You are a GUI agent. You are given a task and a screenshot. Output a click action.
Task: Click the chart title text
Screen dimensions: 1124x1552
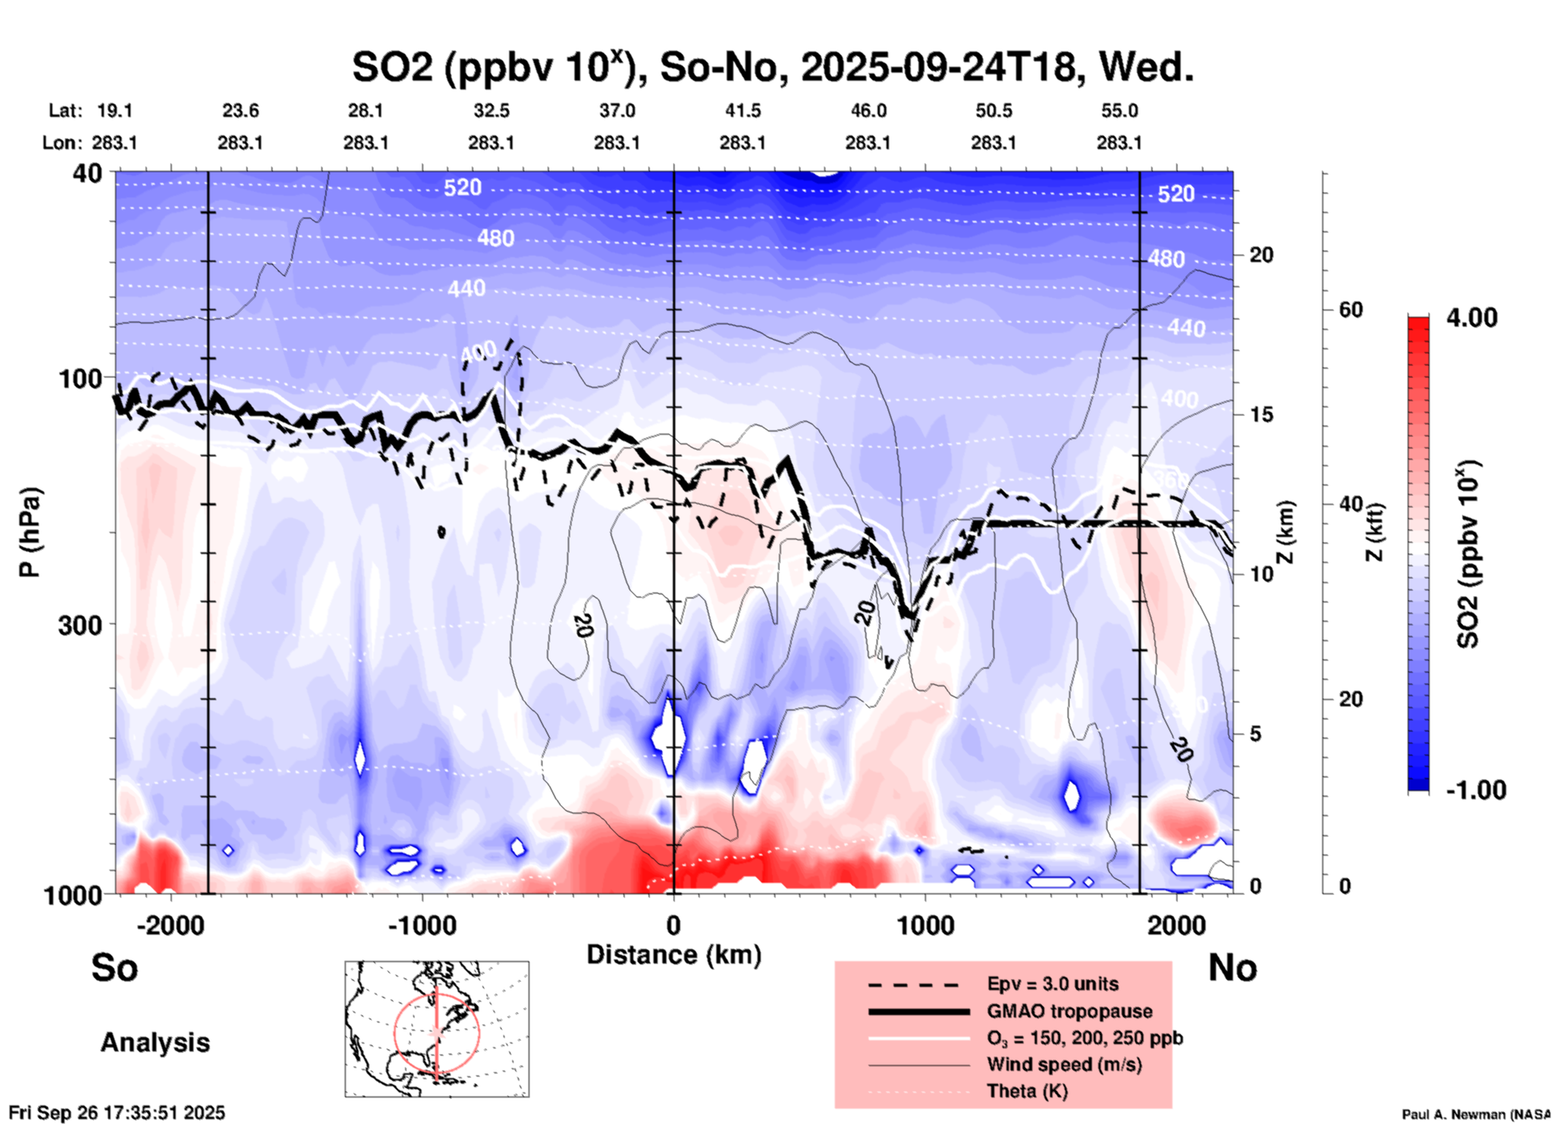[x=772, y=68]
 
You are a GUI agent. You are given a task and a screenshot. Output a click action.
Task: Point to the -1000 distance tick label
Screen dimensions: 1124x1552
[x=421, y=926]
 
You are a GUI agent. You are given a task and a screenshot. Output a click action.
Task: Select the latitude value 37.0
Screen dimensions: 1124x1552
[x=617, y=110]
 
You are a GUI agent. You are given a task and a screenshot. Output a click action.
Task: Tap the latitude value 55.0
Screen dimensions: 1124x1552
[x=1119, y=110]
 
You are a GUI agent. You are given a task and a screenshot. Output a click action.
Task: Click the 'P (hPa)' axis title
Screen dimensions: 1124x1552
[x=30, y=532]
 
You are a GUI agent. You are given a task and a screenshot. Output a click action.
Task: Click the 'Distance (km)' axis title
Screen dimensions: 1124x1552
[x=674, y=955]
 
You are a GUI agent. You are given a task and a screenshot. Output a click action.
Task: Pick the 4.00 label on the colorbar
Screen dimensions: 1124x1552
[x=1471, y=318]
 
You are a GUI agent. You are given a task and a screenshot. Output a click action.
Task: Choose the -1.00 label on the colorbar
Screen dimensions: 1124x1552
[x=1475, y=790]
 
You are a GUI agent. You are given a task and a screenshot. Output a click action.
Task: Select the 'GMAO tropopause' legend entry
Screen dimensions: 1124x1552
[x=1069, y=1011]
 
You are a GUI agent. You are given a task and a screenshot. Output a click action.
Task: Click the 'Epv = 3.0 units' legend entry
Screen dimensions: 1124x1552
[x=1052, y=985]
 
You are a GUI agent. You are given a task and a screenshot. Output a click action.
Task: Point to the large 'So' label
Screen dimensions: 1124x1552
[x=114, y=968]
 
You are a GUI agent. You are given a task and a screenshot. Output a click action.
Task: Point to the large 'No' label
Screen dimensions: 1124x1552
[x=1232, y=968]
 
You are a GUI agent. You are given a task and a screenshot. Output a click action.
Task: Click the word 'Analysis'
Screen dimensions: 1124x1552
[x=155, y=1043]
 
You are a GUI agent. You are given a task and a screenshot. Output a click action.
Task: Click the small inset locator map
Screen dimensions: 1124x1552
[x=437, y=1029]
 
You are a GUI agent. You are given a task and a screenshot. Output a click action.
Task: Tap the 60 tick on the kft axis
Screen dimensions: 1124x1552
[x=1351, y=310]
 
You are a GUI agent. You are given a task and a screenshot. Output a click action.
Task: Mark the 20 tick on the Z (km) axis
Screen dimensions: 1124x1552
[x=1261, y=256]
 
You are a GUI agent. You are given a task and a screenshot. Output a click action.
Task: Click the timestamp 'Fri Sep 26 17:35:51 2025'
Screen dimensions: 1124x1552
[x=117, y=1113]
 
